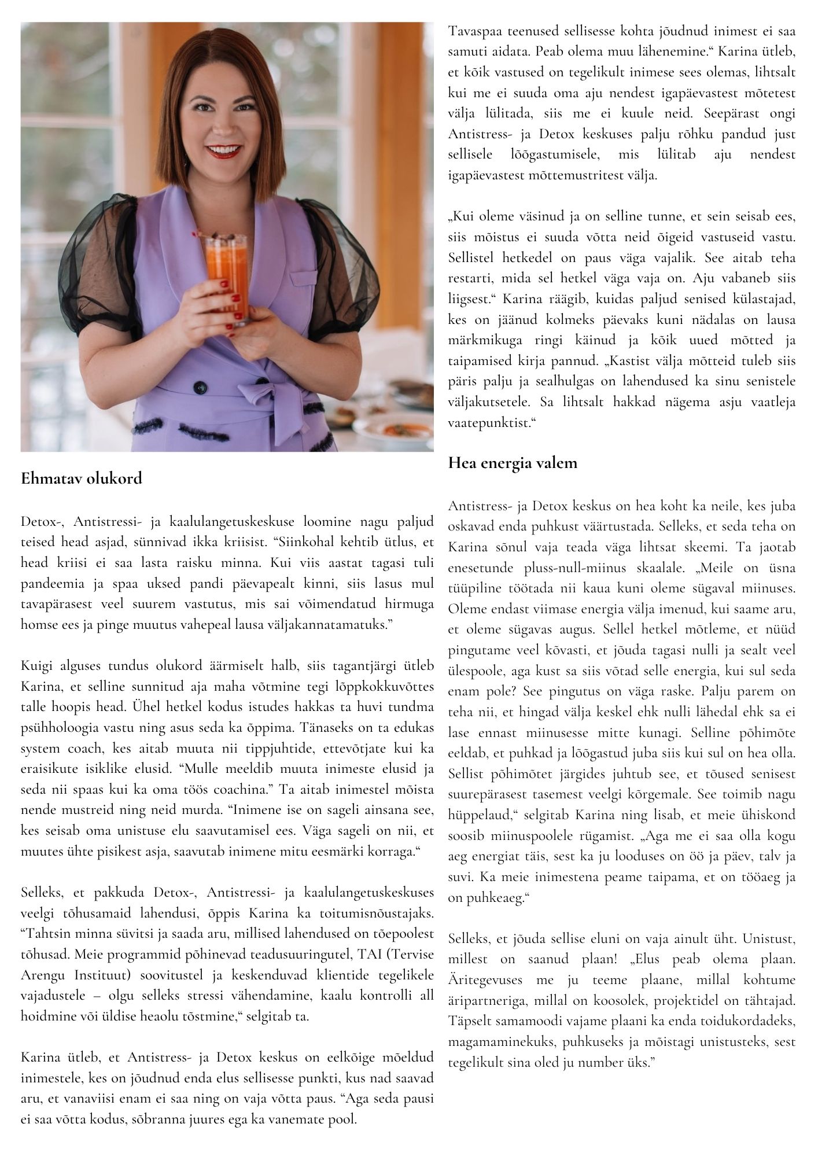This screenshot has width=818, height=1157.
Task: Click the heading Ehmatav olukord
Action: [x=81, y=479]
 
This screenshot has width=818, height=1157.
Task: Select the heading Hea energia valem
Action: [x=513, y=463]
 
